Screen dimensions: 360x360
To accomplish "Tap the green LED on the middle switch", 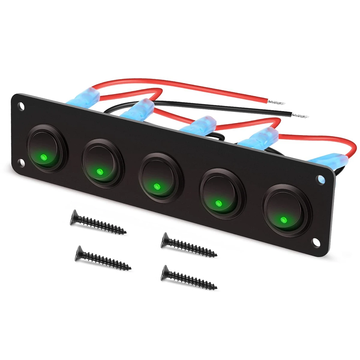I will [x=156, y=187].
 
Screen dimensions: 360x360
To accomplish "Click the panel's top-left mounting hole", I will [x=21, y=106].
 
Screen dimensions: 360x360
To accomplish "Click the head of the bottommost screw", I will [x=164, y=272].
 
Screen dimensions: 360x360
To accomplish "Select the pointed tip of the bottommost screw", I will [x=217, y=287].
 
